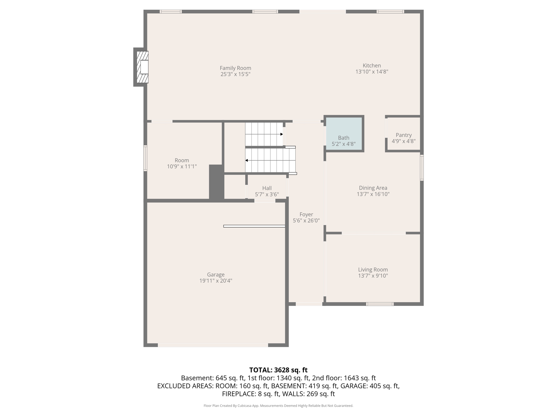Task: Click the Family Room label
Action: [x=235, y=68]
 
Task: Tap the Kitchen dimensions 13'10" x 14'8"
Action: [x=372, y=72]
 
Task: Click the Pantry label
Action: [x=404, y=135]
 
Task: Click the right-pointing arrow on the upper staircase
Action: [x=281, y=134]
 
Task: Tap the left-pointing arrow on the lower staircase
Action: [x=247, y=160]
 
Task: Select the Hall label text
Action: [x=267, y=188]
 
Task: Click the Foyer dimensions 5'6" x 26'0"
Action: [x=306, y=221]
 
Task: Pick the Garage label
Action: [x=216, y=274]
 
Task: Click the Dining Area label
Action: [x=373, y=188]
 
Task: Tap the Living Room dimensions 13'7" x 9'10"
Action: [x=373, y=276]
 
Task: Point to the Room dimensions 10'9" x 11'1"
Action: [x=182, y=166]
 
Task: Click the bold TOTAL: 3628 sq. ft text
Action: [x=278, y=370]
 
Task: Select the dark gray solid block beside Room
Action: [x=216, y=182]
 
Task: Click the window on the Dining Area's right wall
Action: [x=422, y=168]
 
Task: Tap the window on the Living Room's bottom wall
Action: [x=380, y=304]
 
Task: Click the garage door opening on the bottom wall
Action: [x=213, y=345]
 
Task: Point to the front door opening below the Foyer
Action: [x=309, y=304]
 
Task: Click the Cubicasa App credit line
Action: [x=278, y=406]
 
